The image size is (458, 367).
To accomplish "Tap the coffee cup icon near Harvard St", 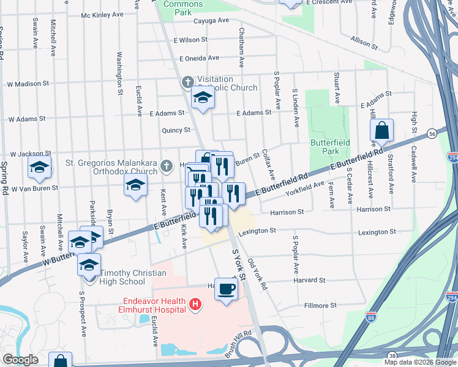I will pyautogui.click(x=226, y=288).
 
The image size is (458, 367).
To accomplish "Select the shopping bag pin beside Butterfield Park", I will pyautogui.click(x=381, y=130).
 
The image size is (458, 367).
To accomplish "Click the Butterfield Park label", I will pyautogui.click(x=325, y=146).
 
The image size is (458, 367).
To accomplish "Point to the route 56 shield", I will pyautogui.click(x=432, y=133).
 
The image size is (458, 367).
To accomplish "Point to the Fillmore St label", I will pyautogui.click(x=321, y=305).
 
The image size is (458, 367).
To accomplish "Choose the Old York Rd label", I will pyautogui.click(x=257, y=275).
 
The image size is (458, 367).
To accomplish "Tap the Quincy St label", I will pyautogui.click(x=176, y=130).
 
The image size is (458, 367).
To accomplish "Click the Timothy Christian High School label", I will pyautogui.click(x=123, y=277).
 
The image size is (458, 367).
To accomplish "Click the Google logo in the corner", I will pyautogui.click(x=20, y=359).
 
